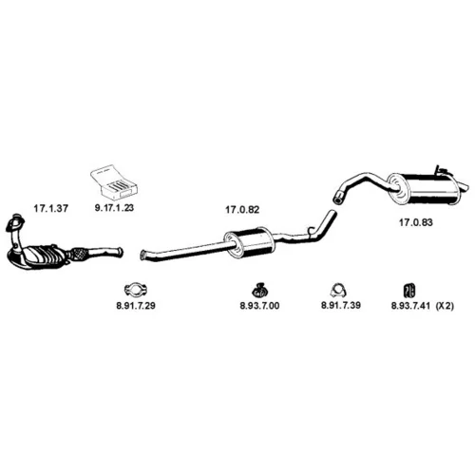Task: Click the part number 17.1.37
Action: [50, 209]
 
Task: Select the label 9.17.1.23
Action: [114, 208]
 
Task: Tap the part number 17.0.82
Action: [242, 210]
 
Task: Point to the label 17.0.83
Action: [415, 222]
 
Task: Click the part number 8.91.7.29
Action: [136, 306]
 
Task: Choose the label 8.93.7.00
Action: [259, 306]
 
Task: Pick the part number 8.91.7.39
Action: [341, 306]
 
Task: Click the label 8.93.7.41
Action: [410, 306]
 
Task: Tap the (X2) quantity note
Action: [445, 306]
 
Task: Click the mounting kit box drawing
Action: [114, 182]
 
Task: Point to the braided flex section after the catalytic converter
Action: [79, 254]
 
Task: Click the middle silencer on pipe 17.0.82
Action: [249, 243]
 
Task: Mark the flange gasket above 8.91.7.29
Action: [136, 289]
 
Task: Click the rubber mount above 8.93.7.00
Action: [259, 290]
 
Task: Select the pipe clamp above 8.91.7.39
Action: [338, 290]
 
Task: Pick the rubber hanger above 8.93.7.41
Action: [409, 290]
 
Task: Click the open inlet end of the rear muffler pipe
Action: [338, 197]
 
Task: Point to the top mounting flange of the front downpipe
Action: [14, 221]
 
